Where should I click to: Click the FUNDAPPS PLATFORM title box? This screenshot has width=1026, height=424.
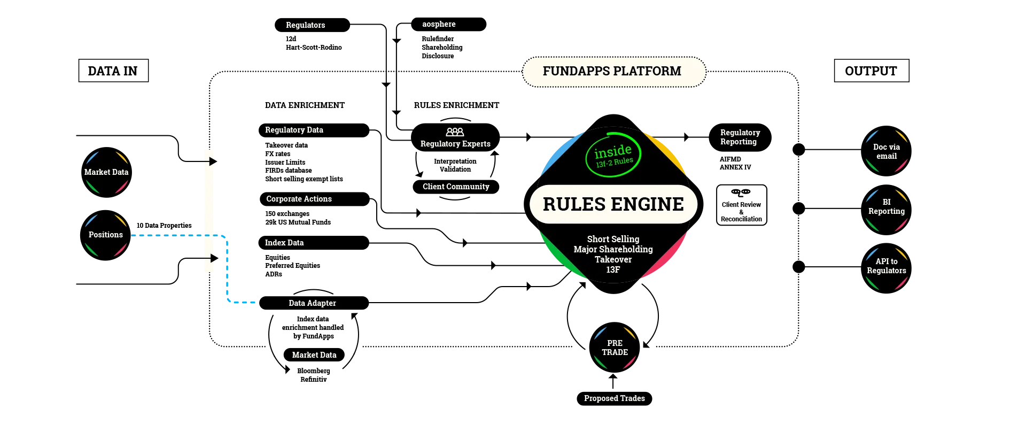coord(613,71)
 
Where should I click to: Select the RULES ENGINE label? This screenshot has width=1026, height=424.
coord(613,204)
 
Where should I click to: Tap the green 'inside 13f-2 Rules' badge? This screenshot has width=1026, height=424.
coord(613,155)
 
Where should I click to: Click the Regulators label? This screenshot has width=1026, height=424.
coord(305,25)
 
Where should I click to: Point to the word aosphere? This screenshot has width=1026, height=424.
coord(439,24)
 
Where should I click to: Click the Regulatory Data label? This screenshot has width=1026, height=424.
coord(294,130)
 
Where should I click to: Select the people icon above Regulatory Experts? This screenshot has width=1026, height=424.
coord(455,132)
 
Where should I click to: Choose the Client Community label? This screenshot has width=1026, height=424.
coord(456,187)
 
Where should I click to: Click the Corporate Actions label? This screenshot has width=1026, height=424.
coord(299,199)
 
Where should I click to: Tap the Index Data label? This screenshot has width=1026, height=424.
coord(284,243)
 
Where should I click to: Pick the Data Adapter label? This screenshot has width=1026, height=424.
coord(312,303)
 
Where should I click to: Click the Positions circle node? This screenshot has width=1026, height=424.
coord(106,235)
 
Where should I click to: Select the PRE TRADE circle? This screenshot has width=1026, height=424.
coord(615,348)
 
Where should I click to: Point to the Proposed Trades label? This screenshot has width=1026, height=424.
coord(614,398)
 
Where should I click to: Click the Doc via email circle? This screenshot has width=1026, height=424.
coord(887,151)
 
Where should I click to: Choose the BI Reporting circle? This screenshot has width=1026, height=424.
coord(887,207)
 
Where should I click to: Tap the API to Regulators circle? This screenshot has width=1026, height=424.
coord(887,266)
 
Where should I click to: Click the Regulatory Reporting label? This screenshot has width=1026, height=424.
coord(740,137)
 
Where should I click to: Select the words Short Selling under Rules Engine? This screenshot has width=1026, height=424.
coord(613,239)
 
